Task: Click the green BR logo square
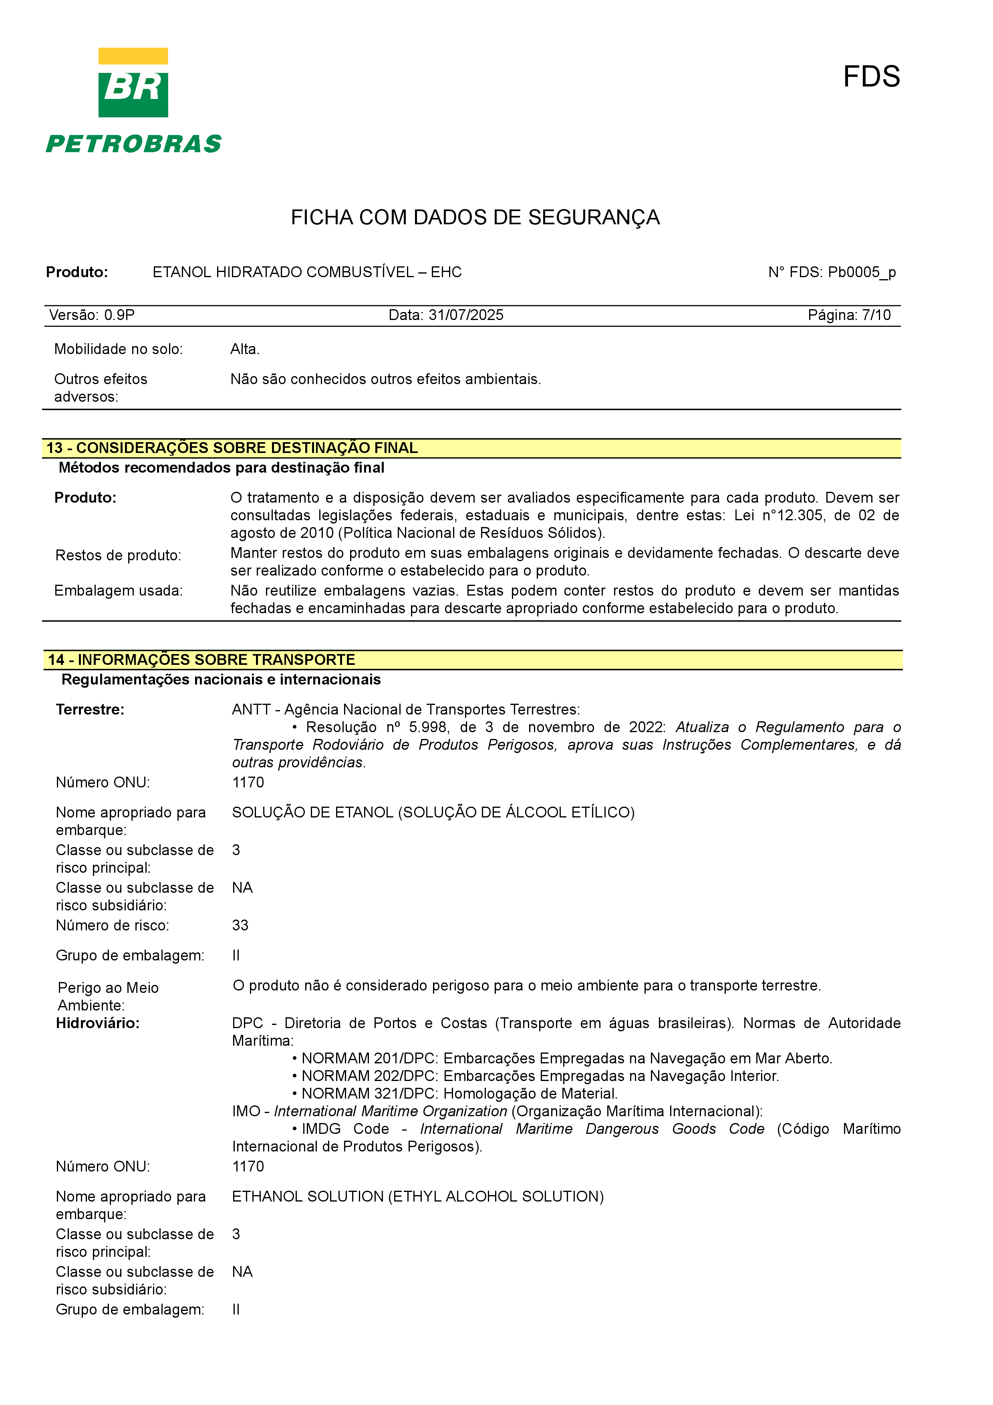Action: [x=133, y=94]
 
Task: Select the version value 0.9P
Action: [x=119, y=315]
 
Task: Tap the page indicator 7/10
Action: [x=876, y=315]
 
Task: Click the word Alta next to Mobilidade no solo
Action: [x=244, y=349]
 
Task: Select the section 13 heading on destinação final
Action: [x=232, y=448]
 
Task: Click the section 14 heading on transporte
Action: [x=202, y=660]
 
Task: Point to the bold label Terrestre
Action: [x=90, y=710]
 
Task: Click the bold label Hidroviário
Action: [x=98, y=1023]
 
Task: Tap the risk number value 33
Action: [x=240, y=925]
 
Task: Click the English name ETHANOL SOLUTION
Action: [x=307, y=1197]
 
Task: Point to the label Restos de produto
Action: [x=118, y=556]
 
